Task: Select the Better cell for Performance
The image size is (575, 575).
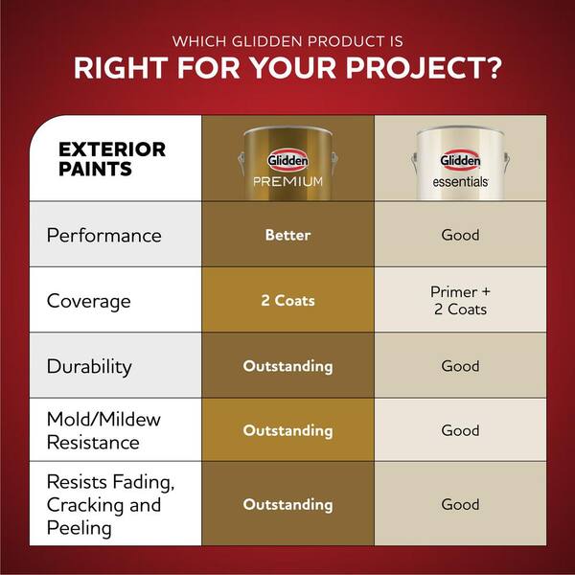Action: [x=287, y=235]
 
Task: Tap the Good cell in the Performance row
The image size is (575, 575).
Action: [x=460, y=235]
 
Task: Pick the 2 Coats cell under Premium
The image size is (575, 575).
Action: [x=287, y=300]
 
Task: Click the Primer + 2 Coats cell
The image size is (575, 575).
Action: [x=460, y=300]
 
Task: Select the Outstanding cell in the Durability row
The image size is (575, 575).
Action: [x=287, y=366]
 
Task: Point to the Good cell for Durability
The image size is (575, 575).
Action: [x=460, y=366]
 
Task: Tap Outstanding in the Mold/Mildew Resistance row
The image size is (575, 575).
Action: [x=287, y=430]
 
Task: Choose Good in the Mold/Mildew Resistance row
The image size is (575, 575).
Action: [x=460, y=430]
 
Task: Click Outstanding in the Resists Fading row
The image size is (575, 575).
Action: [x=287, y=504]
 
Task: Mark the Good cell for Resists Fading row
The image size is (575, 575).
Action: [x=460, y=504]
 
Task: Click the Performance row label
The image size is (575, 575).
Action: [x=103, y=235]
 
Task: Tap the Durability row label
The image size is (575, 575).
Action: [x=89, y=366]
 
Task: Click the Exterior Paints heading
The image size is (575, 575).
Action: [x=111, y=159]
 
